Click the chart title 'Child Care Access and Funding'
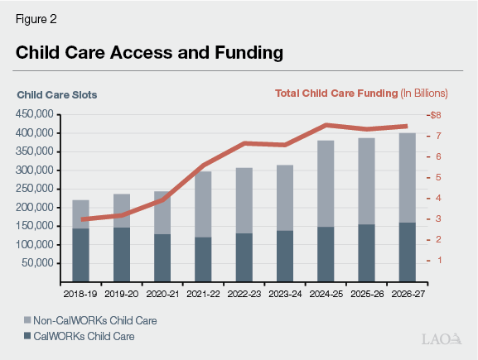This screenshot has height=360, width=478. coord(150,53)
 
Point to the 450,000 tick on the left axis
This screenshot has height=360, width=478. coord(36,114)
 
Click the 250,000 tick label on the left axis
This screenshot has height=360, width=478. coord(36,189)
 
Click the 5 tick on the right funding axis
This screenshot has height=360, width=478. coord(437,177)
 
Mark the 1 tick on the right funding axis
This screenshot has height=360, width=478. coord(437,260)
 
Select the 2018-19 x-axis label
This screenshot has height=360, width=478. coord(80,293)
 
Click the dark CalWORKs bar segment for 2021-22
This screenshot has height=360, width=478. coord(203,259)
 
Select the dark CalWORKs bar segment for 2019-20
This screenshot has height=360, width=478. coord(122,254)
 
